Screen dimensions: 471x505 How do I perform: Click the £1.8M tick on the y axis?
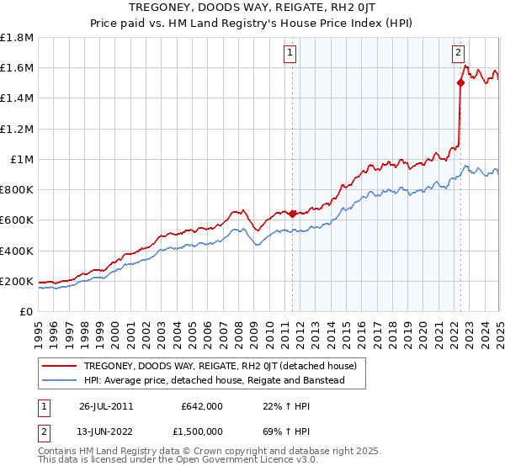(x=18, y=38)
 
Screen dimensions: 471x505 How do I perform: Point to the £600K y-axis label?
(x=18, y=220)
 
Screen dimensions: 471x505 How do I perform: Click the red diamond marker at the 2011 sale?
(x=292, y=214)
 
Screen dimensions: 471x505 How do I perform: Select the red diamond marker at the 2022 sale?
(x=460, y=82)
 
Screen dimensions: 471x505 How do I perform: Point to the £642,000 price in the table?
(x=202, y=406)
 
